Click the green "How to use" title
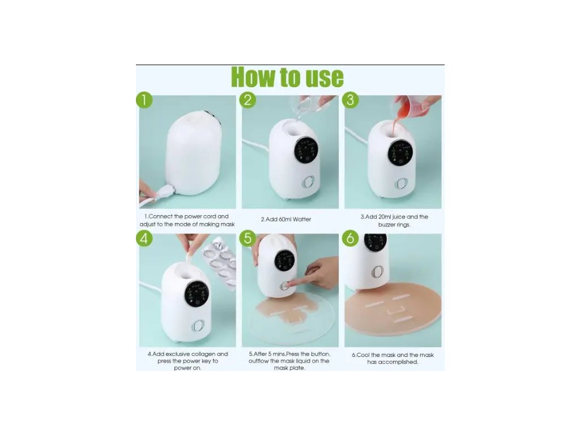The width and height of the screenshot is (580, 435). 287,77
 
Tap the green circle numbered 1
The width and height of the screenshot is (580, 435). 144,100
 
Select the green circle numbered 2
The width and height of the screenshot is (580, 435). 248,100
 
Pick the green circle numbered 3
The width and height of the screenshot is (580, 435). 350,100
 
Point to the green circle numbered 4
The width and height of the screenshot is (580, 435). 144,238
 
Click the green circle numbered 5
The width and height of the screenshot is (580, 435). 248,238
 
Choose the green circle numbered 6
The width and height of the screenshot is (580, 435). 350,238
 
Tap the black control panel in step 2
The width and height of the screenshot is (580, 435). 306,150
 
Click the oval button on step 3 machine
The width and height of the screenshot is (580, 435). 402,184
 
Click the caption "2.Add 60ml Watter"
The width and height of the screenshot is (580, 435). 286,219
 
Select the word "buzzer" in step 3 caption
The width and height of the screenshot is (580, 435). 387,224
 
